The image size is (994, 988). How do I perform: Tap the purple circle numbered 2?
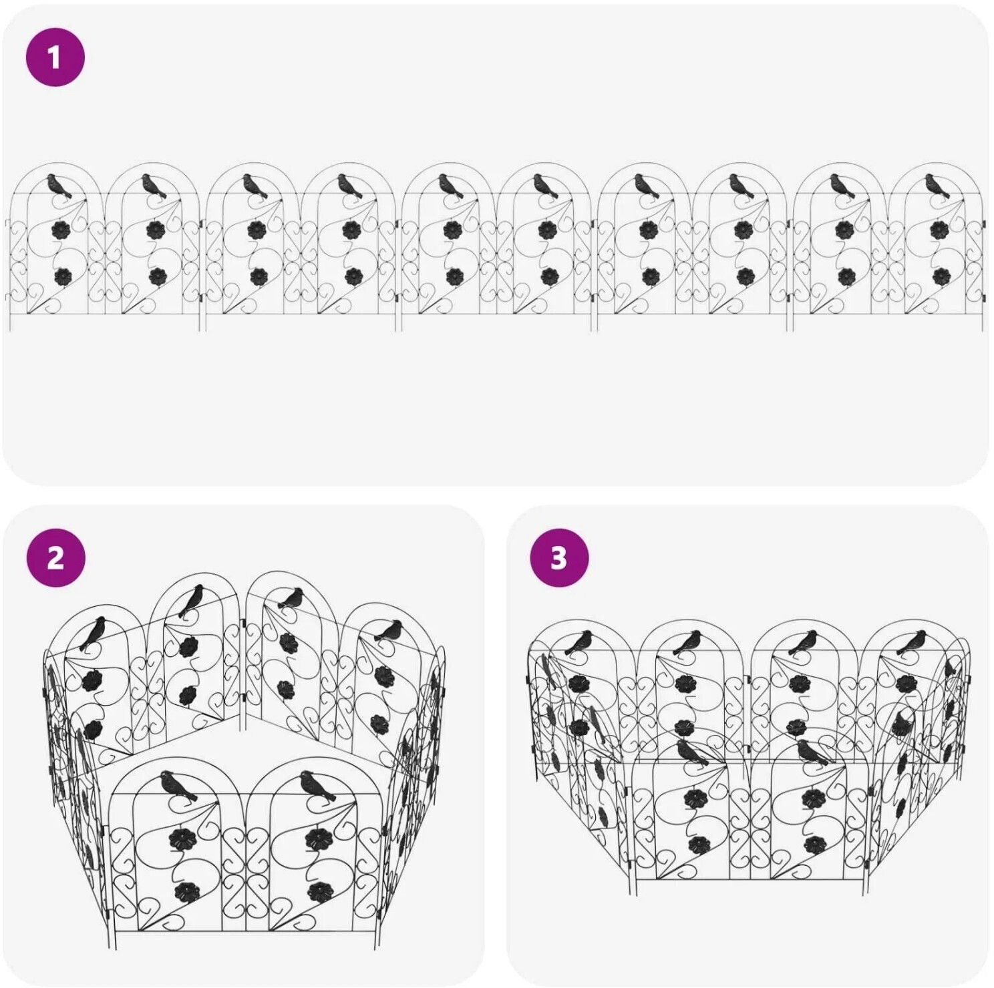pyautogui.click(x=55, y=557)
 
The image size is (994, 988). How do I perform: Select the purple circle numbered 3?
pyautogui.click(x=559, y=557)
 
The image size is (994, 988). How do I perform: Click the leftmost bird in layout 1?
pyautogui.click(x=59, y=186)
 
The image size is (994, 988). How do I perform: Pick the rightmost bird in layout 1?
pyautogui.click(x=937, y=186)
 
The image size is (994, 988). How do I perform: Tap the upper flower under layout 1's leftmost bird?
pyautogui.click(x=62, y=231)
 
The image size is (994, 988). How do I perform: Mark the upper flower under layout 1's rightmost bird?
pyautogui.click(x=941, y=231)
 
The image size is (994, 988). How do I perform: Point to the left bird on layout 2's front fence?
pyautogui.click(x=179, y=785)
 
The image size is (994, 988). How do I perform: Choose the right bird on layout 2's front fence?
pyautogui.click(x=318, y=785)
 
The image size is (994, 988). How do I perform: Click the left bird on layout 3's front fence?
pyautogui.click(x=692, y=751)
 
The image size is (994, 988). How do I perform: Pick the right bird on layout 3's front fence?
pyautogui.click(x=812, y=751)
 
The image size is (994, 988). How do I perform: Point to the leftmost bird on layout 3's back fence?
pyautogui.click(x=578, y=642)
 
